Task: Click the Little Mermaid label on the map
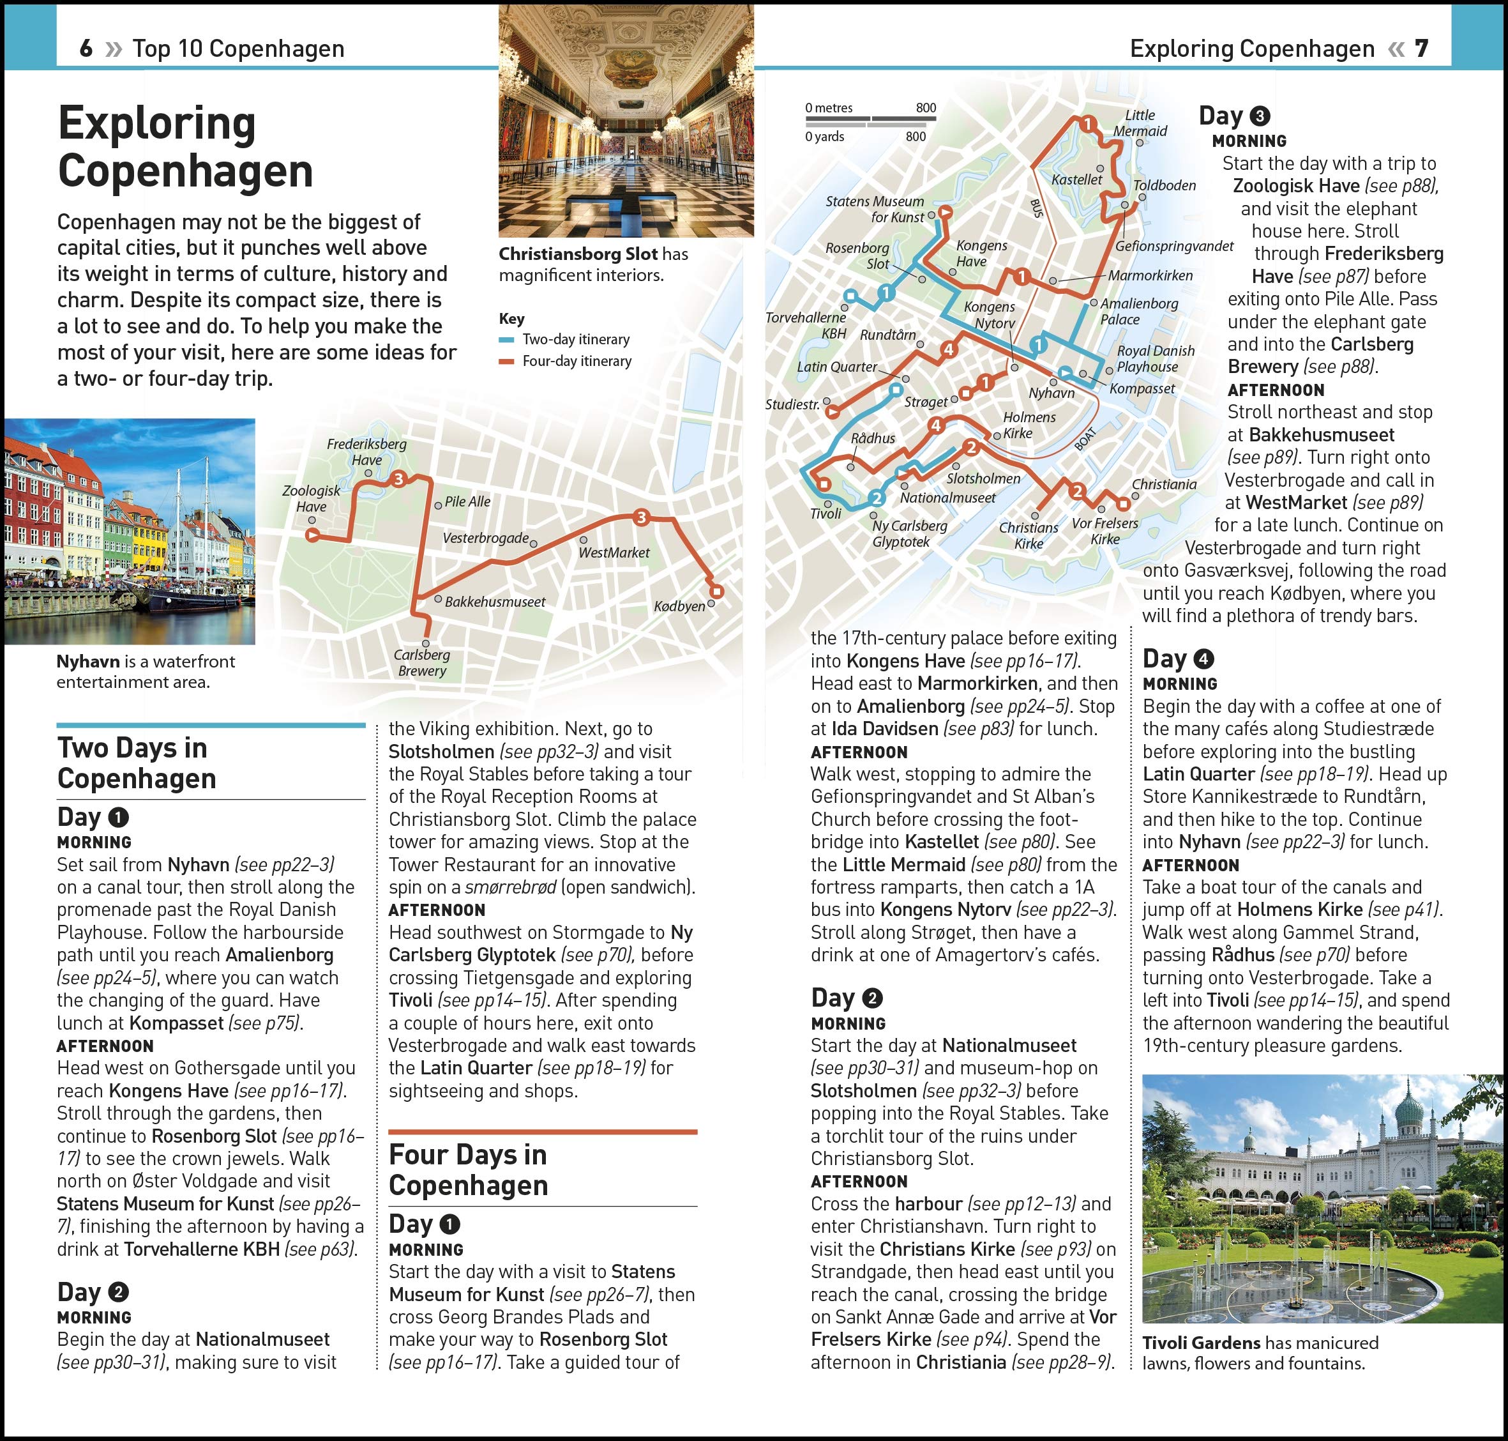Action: pyautogui.click(x=1140, y=123)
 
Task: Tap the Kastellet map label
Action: pyautogui.click(x=1076, y=179)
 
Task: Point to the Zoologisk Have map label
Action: pyautogui.click(x=311, y=498)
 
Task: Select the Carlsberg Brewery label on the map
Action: pyautogui.click(x=421, y=663)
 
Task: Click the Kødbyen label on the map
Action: pyautogui.click(x=679, y=607)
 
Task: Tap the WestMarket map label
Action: pyautogui.click(x=614, y=553)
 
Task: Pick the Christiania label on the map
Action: pyautogui.click(x=1164, y=485)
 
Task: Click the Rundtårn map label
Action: pyautogui.click(x=887, y=335)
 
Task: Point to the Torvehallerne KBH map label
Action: pyautogui.click(x=806, y=326)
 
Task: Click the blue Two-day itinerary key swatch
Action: pyautogui.click(x=506, y=340)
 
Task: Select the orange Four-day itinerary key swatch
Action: pyautogui.click(x=506, y=362)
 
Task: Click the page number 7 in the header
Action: pyautogui.click(x=1421, y=49)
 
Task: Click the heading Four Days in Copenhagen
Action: pyautogui.click(x=469, y=1170)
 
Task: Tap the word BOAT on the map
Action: pyautogui.click(x=1085, y=439)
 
